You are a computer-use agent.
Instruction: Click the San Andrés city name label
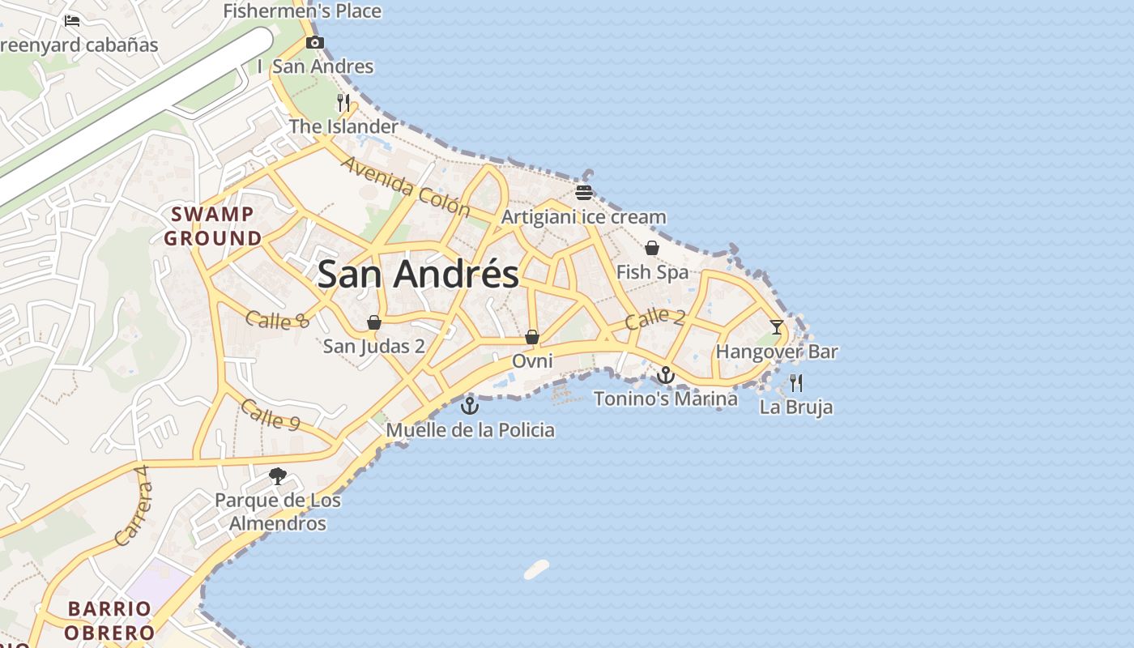pos(418,275)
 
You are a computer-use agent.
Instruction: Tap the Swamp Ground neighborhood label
pos(212,226)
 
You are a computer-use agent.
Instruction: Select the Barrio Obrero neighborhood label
pos(110,620)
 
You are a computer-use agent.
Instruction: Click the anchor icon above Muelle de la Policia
pos(470,405)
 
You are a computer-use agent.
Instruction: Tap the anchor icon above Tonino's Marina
pos(665,374)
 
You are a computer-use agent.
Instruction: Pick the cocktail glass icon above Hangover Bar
pos(777,327)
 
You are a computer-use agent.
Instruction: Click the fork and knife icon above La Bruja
pos(796,382)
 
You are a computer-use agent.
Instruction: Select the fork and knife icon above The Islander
pos(343,102)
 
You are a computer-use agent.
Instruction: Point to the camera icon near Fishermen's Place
pos(315,42)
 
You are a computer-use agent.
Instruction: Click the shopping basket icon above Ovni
pos(532,336)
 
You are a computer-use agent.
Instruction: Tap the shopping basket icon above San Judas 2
pos(374,322)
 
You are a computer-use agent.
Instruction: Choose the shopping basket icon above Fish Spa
pos(652,248)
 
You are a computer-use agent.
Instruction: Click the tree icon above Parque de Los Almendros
pos(278,475)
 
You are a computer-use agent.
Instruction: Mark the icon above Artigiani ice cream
pos(584,192)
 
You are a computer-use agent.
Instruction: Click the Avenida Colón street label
pos(405,186)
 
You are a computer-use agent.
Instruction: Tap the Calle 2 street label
pos(654,318)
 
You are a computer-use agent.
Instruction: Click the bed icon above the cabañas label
pos(72,21)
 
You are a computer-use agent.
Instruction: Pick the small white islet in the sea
pos(536,569)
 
